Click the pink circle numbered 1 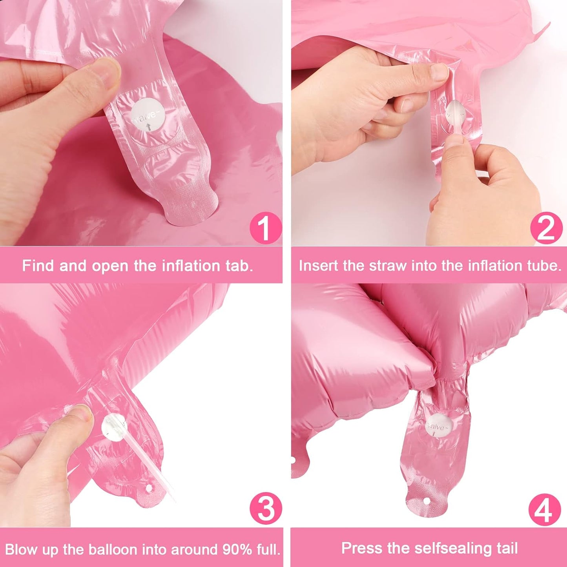tap(266, 228)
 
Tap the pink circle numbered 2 tap(546, 228)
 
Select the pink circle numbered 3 tap(266, 509)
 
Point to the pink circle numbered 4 tap(544, 510)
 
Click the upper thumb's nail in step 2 tap(439, 72)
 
